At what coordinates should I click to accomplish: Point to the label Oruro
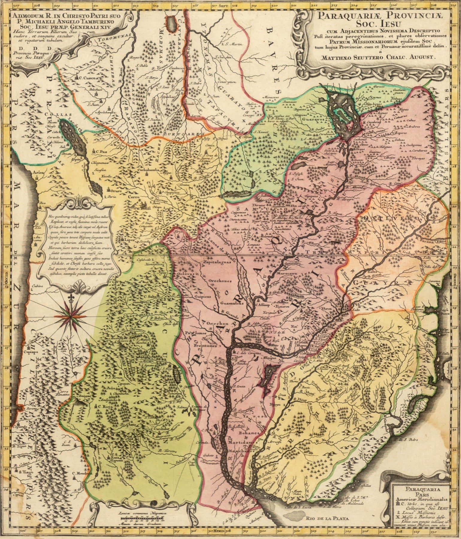pyautogui.click(x=114, y=190)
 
